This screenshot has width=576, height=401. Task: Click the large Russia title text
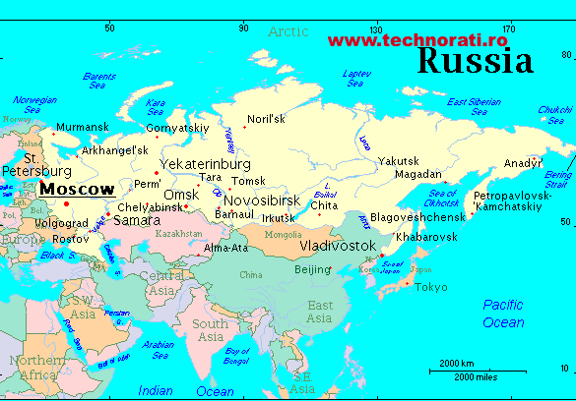click(476, 62)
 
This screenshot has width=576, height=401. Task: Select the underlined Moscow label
click(77, 188)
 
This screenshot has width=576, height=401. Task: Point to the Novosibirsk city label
click(262, 200)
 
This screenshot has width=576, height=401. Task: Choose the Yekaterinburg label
click(205, 163)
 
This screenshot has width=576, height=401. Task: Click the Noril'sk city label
click(266, 119)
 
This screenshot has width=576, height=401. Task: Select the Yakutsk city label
click(399, 160)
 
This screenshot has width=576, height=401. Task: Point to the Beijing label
click(314, 269)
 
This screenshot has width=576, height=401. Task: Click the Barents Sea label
click(98, 81)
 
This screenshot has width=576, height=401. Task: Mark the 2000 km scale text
click(457, 362)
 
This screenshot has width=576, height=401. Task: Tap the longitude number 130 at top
click(375, 29)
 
